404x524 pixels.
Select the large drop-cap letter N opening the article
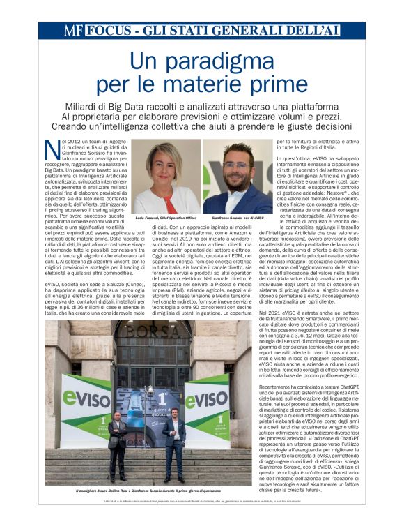point(50,149)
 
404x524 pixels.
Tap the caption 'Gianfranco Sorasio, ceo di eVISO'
point(242,218)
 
